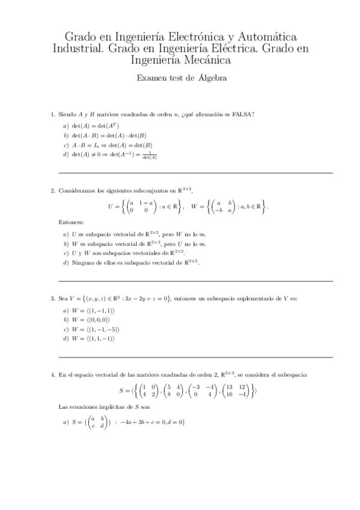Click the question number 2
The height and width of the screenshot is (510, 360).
tap(52, 191)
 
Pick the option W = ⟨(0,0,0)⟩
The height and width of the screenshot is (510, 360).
tap(90, 319)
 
